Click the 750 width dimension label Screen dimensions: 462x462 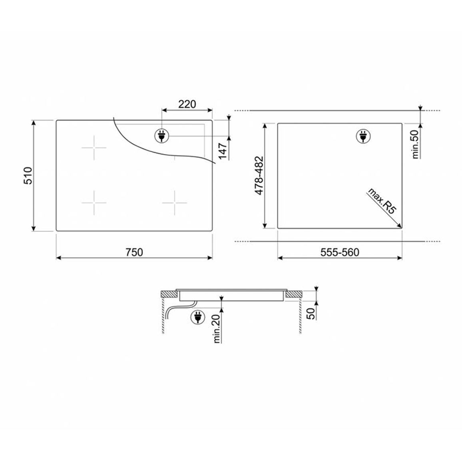tap(134, 252)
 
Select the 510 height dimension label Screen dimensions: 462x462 tap(28, 175)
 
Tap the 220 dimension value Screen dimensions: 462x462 tap(187, 104)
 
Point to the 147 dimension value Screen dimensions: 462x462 tap(223, 151)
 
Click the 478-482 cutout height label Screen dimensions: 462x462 tap(259, 175)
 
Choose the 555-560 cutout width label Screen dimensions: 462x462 tap(340, 252)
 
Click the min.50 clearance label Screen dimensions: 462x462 tap(415, 144)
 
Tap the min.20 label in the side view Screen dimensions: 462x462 tap(217, 329)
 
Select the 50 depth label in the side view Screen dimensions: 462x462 tap(311, 314)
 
